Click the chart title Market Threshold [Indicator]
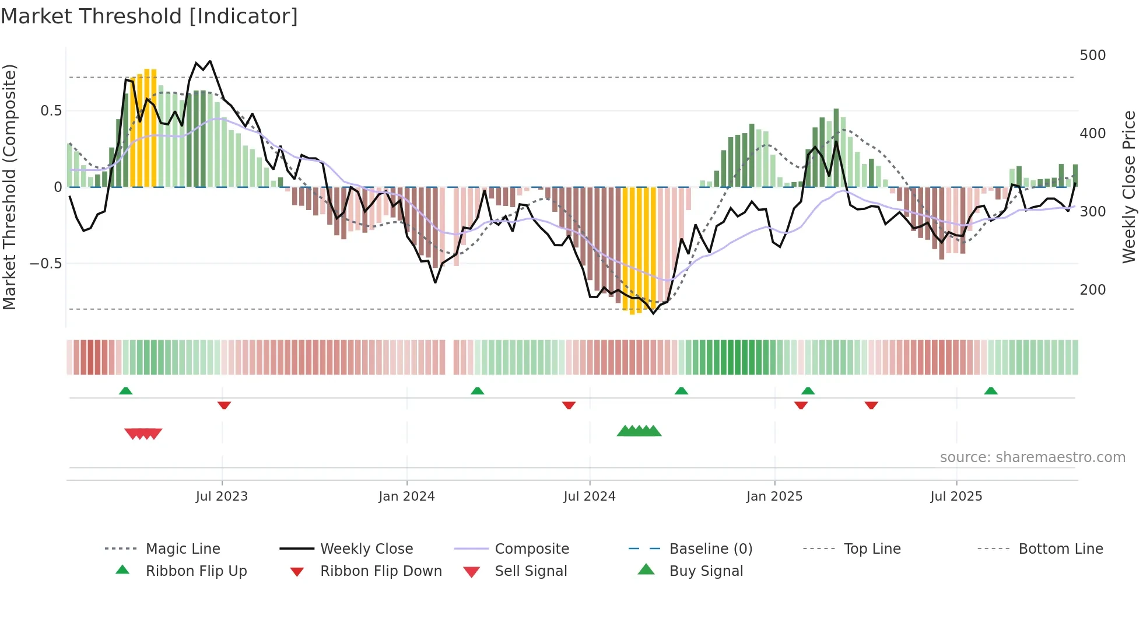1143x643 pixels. [x=149, y=16]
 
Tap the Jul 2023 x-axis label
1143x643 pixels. [x=222, y=497]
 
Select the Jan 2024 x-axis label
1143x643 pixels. [x=406, y=497]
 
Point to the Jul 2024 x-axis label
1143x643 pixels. [x=589, y=497]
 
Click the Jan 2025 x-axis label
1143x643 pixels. [x=774, y=497]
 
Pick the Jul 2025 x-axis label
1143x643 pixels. [x=956, y=497]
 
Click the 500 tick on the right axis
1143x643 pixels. [x=1092, y=55]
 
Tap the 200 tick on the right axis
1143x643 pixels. [x=1092, y=290]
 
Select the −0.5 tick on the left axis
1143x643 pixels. [x=45, y=264]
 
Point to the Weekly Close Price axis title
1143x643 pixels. [x=1129, y=187]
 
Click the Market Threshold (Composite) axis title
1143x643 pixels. [x=9, y=187]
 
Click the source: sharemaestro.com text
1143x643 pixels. [x=1032, y=457]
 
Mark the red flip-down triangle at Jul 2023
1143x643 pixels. [x=224, y=405]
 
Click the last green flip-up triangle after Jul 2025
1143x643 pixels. [x=990, y=391]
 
